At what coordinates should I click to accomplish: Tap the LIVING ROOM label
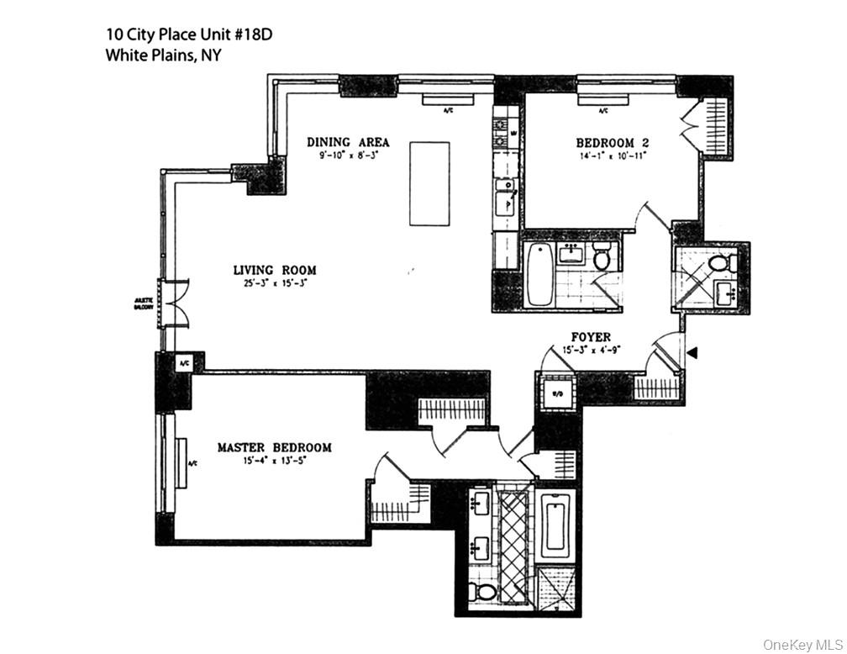tap(275, 270)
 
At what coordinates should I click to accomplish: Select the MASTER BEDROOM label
tap(274, 447)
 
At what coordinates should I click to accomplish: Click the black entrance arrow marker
tap(692, 353)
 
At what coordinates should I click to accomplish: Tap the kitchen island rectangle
tap(429, 183)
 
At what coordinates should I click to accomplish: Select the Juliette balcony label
tap(143, 303)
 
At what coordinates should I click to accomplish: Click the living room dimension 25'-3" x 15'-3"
tap(275, 283)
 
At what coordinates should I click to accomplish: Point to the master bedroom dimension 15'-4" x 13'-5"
tap(274, 461)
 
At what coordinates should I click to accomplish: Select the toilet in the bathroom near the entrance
tap(719, 263)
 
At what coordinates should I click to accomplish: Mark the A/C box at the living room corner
tap(184, 363)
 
